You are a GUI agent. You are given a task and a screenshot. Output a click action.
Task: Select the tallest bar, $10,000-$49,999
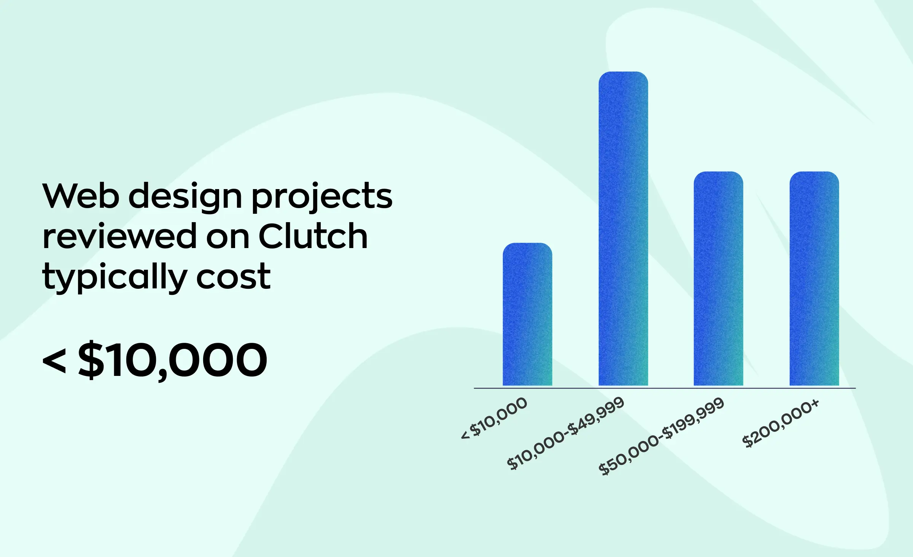click(623, 228)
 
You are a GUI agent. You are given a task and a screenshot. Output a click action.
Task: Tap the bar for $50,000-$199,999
click(718, 278)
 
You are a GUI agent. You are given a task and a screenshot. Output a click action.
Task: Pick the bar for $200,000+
click(814, 278)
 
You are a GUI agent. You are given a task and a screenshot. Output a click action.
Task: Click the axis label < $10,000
click(494, 418)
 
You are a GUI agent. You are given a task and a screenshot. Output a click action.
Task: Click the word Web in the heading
click(81, 196)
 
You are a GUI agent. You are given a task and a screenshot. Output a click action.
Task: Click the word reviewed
click(119, 236)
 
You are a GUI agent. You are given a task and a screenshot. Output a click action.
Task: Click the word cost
click(233, 277)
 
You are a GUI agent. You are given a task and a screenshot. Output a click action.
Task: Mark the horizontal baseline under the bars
click(664, 388)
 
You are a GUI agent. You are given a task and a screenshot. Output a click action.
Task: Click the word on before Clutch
click(227, 237)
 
